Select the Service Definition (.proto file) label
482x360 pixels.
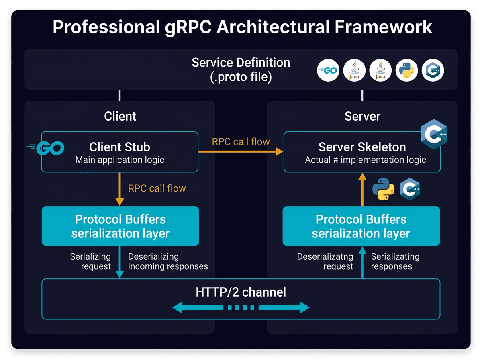coord(241,69)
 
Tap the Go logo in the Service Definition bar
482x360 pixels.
coord(328,71)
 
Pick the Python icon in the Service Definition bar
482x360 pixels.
coord(406,71)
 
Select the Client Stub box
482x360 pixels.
coord(120,152)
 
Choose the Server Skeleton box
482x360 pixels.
coord(362,152)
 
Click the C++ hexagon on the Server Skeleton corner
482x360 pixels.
coord(434,134)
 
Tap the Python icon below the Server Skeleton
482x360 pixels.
coord(383,189)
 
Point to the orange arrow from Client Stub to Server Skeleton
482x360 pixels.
coord(241,151)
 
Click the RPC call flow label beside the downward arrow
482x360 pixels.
coord(157,188)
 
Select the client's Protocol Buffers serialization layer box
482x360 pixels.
coord(120,226)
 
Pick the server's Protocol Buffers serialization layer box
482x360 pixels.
coord(361,226)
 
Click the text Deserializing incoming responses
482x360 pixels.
coord(167,261)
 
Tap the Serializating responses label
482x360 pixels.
coord(395,261)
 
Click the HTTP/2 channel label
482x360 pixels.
coord(241,292)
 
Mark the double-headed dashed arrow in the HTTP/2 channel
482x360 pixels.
coord(241,308)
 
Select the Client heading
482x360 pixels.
coord(120,116)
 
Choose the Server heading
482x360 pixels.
coord(362,116)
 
